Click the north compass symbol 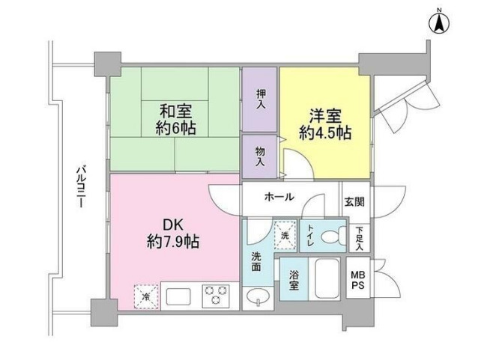click(439, 22)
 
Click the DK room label click(172, 225)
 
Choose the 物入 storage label click(261, 156)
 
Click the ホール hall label click(279, 197)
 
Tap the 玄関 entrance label click(354, 202)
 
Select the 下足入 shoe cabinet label click(360, 238)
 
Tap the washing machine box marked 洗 click(285, 234)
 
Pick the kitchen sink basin click(181, 296)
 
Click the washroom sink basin click(258, 296)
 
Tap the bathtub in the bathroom click(324, 279)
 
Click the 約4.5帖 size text click(324, 134)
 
